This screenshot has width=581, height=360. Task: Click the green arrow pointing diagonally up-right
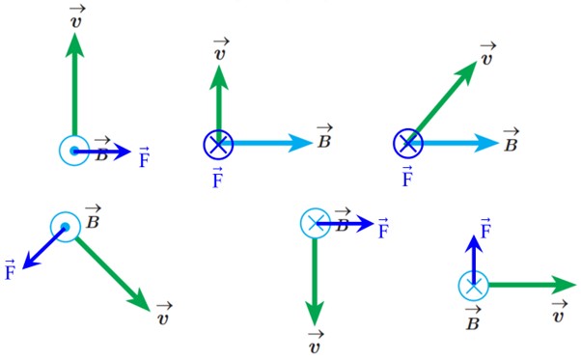(443, 102)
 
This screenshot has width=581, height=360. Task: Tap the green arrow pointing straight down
(315, 282)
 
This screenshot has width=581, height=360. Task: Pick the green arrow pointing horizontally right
(532, 285)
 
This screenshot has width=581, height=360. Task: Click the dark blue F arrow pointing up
(473, 260)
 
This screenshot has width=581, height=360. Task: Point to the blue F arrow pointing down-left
(43, 247)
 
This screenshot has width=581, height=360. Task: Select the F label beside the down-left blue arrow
(10, 270)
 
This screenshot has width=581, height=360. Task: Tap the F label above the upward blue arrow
(485, 228)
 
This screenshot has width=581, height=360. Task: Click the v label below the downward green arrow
(316, 343)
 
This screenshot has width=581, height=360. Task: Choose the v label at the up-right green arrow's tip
(487, 54)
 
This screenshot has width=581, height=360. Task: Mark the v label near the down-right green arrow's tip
(164, 314)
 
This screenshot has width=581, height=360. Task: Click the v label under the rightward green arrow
(559, 312)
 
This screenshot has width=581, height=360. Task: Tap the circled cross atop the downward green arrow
(315, 223)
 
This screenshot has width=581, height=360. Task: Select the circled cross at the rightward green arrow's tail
(473, 285)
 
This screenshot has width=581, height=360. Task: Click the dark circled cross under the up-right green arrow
(408, 144)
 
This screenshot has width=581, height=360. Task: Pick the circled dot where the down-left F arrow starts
(66, 227)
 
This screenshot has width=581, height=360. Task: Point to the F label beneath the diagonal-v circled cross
(407, 177)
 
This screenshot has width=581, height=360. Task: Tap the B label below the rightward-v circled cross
(473, 318)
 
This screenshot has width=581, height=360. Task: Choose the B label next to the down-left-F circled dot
(93, 216)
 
